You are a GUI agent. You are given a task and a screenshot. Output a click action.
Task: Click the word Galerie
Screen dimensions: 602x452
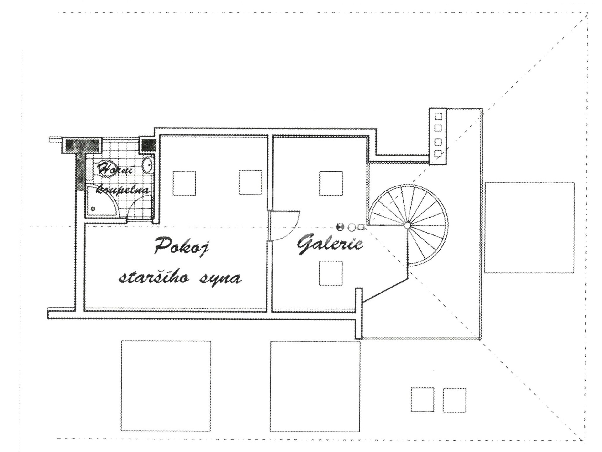(x=330, y=244)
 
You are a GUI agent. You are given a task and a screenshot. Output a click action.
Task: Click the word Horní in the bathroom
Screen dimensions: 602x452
(x=115, y=169)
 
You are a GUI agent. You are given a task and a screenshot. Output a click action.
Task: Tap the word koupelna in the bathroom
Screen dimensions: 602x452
(x=122, y=189)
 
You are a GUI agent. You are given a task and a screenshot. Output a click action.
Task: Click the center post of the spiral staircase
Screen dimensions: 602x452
(x=407, y=225)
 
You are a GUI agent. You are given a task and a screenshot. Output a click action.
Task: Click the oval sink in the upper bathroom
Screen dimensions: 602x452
(x=147, y=165)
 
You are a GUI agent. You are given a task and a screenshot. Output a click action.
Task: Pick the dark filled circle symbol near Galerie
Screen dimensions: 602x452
(x=340, y=227)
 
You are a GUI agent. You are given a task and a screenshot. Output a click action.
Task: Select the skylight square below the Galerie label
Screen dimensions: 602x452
(x=331, y=273)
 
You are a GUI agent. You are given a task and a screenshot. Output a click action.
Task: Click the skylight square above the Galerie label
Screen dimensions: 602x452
(x=331, y=183)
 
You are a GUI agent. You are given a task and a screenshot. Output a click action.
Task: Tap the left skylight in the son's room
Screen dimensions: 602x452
(x=184, y=183)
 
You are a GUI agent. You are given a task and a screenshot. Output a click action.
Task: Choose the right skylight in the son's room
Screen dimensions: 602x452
(x=250, y=182)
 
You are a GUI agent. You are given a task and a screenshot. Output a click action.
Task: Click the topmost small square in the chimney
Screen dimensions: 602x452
(x=438, y=116)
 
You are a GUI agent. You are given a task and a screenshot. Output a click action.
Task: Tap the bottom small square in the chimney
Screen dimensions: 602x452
(x=438, y=153)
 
